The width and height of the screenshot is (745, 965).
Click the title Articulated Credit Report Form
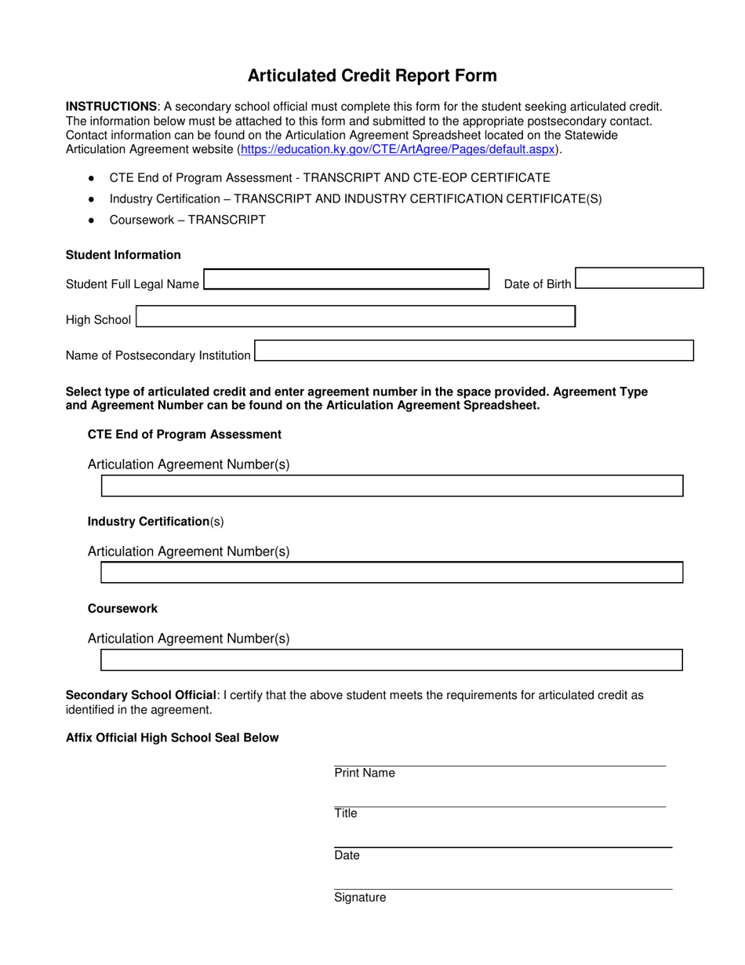point(372,76)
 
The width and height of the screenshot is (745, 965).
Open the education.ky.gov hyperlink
point(398,149)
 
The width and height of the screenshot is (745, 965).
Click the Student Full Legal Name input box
point(346,280)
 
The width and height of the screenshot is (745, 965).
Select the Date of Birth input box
point(639,279)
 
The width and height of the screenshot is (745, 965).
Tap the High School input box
point(356,316)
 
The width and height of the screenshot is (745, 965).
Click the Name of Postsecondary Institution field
point(474,351)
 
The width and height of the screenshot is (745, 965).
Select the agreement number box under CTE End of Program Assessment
point(392,486)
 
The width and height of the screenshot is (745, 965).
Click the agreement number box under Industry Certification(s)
point(392,573)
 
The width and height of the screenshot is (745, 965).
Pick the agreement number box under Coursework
point(392,660)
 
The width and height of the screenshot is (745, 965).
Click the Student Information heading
point(123,255)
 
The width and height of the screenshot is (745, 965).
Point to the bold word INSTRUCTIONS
point(111,107)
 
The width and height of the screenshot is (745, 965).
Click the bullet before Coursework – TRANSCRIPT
point(92,220)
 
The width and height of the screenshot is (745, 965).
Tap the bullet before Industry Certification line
point(92,199)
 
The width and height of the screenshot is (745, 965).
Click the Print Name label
point(365,774)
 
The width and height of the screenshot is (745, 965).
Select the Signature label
point(360,898)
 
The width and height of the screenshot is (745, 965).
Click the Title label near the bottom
point(346,814)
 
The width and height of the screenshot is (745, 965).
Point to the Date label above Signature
point(347,855)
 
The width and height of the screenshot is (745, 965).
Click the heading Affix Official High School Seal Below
point(172,737)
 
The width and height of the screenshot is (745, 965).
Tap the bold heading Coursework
point(122,609)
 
